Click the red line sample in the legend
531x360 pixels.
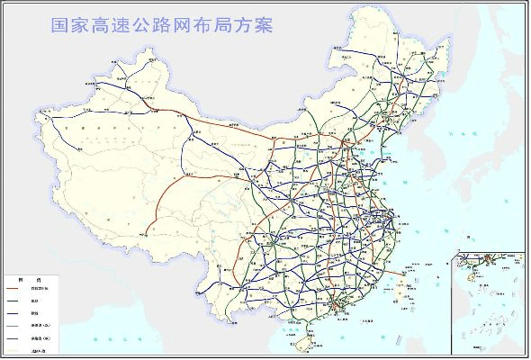(x=18, y=287)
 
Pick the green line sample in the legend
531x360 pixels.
(x=18, y=300)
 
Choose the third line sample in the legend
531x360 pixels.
(x=18, y=312)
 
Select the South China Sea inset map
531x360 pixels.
(x=490, y=292)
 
